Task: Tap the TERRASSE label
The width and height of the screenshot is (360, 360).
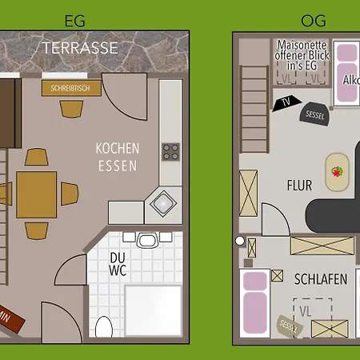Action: coord(80,48)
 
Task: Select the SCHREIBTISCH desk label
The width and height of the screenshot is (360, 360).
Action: coord(72,87)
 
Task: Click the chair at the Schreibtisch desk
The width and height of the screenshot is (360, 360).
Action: coord(72,102)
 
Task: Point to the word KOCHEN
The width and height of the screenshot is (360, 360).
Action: coord(118,149)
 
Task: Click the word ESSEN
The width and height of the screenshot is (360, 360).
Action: coord(117,166)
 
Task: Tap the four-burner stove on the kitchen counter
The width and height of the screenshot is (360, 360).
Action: coord(171,151)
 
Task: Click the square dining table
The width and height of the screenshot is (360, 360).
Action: coord(37,194)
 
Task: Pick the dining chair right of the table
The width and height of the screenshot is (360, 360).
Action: coord(68,194)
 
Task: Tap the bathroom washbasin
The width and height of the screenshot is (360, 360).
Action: coord(147,239)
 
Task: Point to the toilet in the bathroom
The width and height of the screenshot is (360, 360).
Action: coord(104,327)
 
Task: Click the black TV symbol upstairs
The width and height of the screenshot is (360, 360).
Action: coord(286,102)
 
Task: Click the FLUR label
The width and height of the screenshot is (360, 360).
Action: coord(299,185)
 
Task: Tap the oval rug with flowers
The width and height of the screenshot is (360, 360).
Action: coord(337,172)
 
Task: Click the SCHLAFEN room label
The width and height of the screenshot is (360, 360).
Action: coord(320,279)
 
